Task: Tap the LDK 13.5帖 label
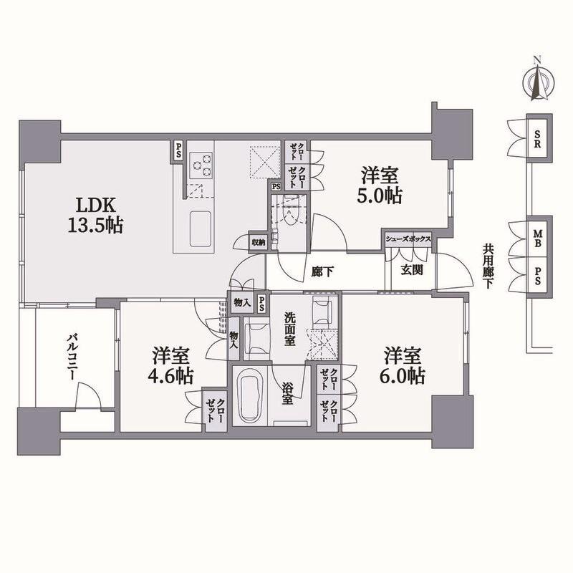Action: [95, 216]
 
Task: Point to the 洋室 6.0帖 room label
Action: [404, 366]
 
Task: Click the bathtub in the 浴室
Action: [250, 395]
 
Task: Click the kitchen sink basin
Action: [201, 228]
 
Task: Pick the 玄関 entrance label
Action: [412, 270]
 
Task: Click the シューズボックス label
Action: [408, 239]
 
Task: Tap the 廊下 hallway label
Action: [323, 271]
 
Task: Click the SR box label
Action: [538, 138]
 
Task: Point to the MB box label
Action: [538, 239]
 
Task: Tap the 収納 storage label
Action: [258, 242]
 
